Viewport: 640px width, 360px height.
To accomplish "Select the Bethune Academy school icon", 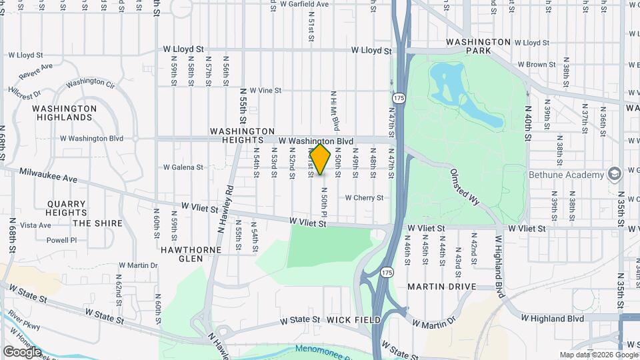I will (x=614, y=175).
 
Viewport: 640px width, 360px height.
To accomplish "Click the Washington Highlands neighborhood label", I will (x=64, y=113).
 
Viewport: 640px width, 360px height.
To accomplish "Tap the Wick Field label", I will (x=354, y=321).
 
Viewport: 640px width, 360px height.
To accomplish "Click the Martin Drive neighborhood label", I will (x=441, y=287).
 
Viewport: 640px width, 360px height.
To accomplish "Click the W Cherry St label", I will (x=364, y=198).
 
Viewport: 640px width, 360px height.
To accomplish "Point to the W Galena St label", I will (x=183, y=167).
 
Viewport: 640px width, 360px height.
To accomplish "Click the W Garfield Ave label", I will (x=305, y=4).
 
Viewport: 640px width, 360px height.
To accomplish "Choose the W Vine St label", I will (x=261, y=91).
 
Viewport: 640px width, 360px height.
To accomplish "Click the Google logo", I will (x=22, y=351).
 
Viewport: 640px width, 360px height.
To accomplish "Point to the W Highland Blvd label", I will (x=553, y=319).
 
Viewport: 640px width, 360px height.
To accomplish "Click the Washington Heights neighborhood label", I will (x=242, y=136).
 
